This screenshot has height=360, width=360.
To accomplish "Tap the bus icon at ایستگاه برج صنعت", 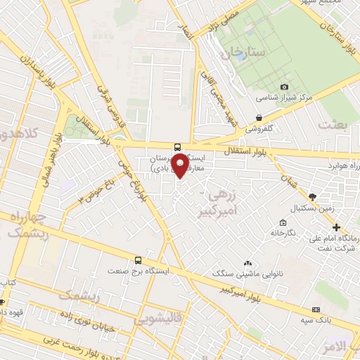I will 138,260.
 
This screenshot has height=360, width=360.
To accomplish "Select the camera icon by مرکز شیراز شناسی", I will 284,87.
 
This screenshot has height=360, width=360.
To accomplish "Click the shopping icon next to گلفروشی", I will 259,118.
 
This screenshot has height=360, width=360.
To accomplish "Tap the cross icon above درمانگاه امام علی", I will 337,227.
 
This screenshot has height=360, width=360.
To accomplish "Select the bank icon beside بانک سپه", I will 316,309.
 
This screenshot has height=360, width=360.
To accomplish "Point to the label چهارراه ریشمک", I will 28,226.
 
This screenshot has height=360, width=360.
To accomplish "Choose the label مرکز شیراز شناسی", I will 283,98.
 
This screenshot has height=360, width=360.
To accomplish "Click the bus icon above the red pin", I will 178,138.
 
